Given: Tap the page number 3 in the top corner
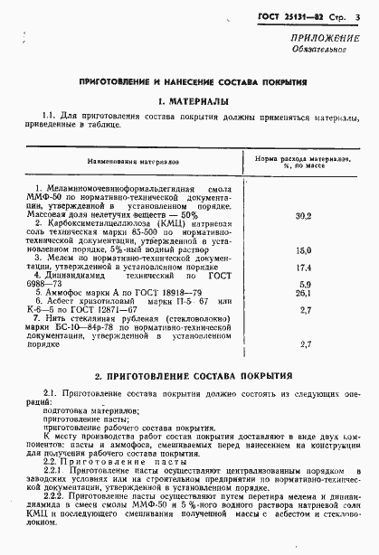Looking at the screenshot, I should point(359,17).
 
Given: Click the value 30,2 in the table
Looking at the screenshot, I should point(304,216).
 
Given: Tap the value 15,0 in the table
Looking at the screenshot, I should point(304,249).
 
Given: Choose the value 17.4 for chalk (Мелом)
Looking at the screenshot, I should point(304,268).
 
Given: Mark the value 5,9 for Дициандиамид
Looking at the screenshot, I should point(304,284).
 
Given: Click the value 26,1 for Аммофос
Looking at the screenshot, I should point(304,294).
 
